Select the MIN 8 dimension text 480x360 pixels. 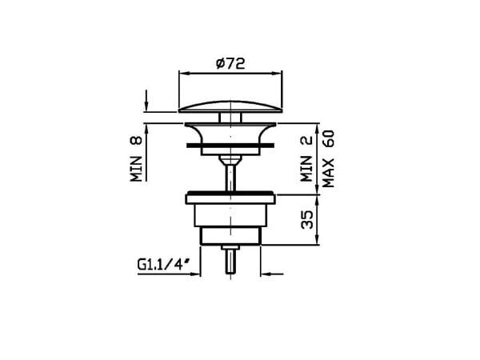138,158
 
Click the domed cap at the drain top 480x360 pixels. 230,106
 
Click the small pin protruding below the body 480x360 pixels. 230,260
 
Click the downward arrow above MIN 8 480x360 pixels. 146,106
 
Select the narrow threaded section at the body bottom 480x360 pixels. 230,234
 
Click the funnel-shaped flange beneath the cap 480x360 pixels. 230,132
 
